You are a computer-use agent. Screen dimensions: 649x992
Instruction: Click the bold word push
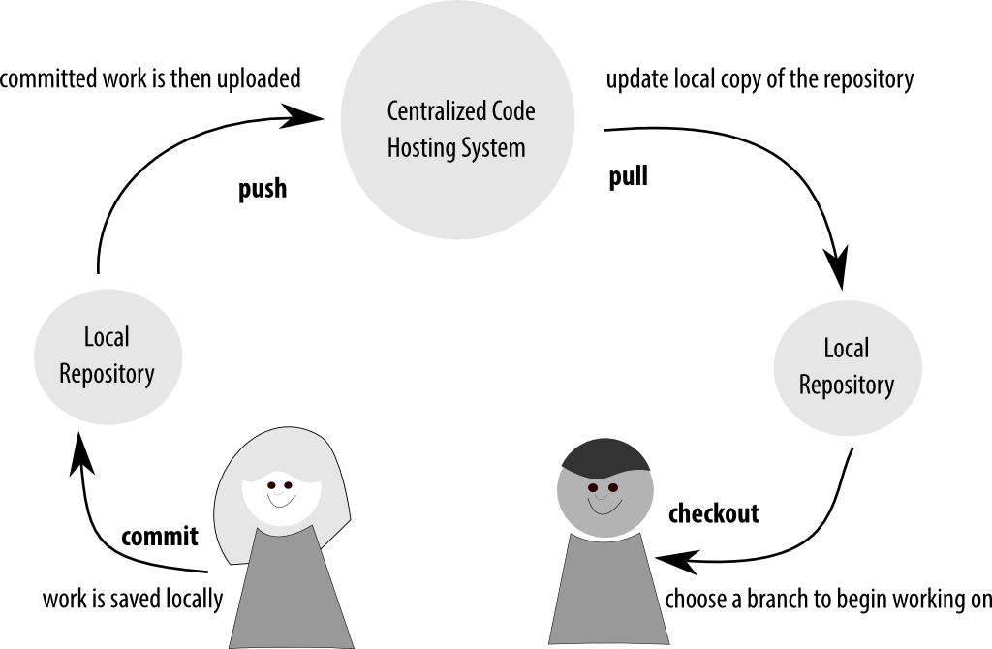click(x=263, y=188)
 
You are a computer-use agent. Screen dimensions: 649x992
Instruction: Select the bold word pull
click(x=628, y=177)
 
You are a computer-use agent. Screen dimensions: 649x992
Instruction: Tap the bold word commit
click(x=160, y=537)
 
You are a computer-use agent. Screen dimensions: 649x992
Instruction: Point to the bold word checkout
click(x=714, y=513)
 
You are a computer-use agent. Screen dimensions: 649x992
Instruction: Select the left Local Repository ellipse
click(x=107, y=355)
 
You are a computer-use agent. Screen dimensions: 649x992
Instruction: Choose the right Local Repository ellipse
click(x=846, y=366)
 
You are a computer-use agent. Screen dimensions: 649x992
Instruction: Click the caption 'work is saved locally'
click(x=133, y=599)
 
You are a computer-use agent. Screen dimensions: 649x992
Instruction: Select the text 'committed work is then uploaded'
click(x=150, y=78)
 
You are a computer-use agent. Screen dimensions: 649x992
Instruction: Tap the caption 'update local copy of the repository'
click(x=759, y=78)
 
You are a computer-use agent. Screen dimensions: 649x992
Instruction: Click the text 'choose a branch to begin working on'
click(x=828, y=599)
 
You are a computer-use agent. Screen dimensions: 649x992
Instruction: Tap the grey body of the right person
click(x=608, y=591)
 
